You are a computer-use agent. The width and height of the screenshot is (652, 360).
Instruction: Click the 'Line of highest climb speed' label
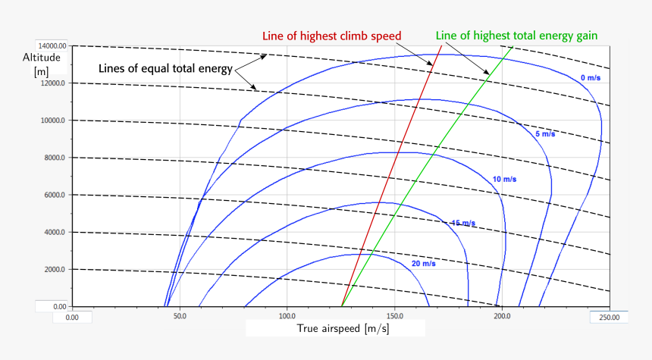[331, 36]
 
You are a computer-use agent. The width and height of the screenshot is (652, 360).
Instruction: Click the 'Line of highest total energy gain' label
[516, 36]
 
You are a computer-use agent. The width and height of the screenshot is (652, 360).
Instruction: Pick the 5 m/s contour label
[545, 133]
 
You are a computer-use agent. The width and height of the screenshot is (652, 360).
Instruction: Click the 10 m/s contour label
[504, 179]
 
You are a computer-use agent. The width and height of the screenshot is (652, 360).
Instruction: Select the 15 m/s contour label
[462, 223]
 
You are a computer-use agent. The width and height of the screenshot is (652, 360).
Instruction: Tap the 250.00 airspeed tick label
[609, 317]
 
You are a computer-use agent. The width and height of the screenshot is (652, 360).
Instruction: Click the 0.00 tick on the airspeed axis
[72, 317]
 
